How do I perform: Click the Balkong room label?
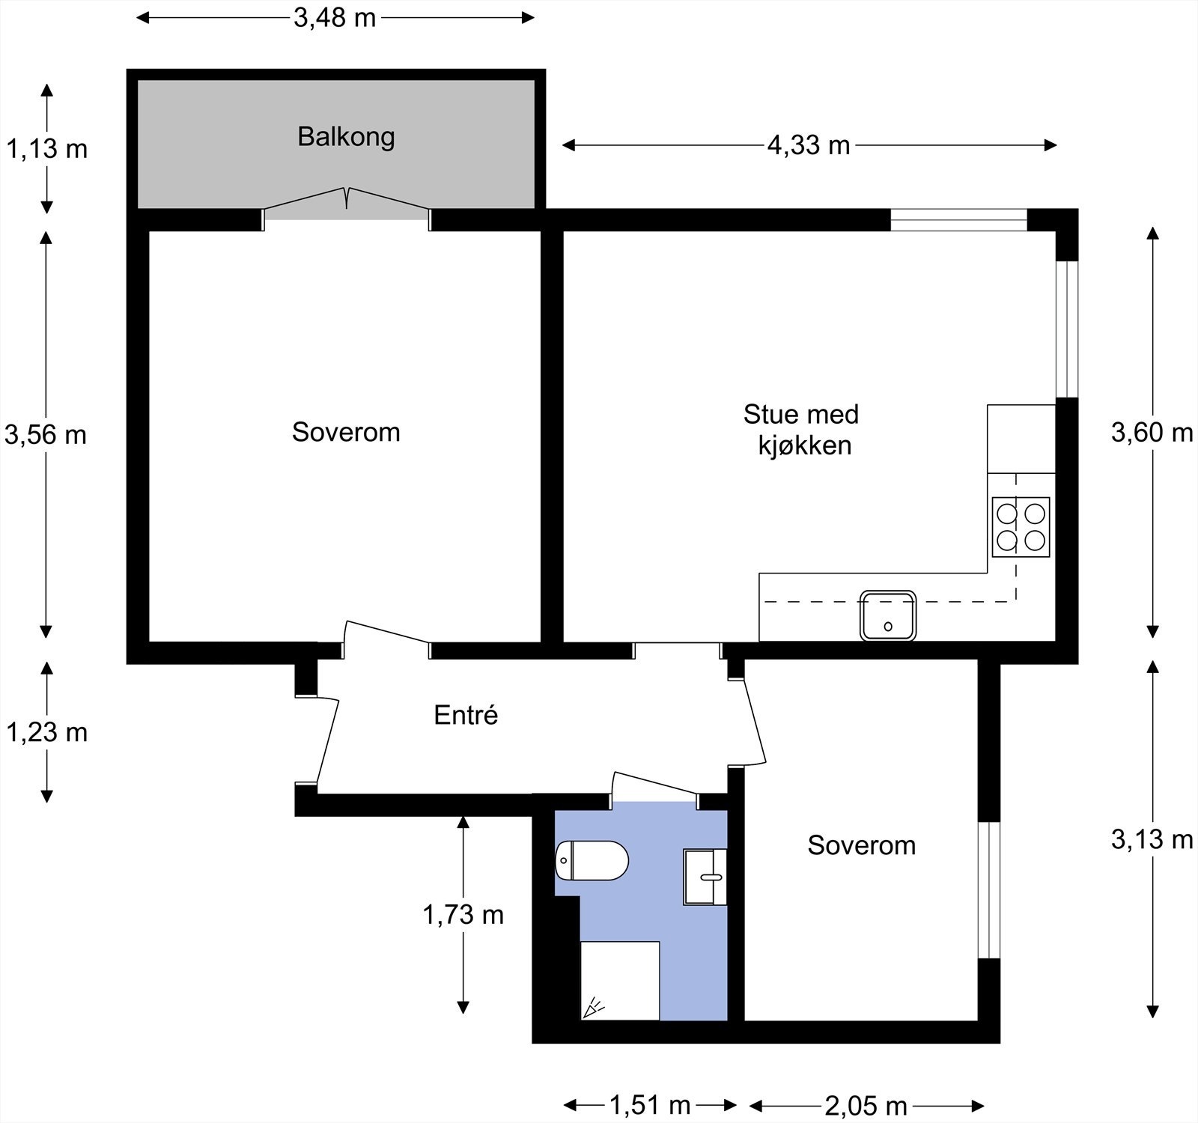click(346, 138)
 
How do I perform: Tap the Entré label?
click(466, 715)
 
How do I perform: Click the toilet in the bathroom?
click(592, 860)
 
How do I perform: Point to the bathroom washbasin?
click(705, 877)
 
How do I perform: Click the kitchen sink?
click(888, 615)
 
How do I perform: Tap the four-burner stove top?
click(1021, 527)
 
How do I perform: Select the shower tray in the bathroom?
click(620, 981)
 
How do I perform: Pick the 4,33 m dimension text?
click(809, 145)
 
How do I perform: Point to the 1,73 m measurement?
click(463, 914)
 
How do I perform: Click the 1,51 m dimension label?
click(649, 1104)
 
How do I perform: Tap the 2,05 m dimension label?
click(866, 1104)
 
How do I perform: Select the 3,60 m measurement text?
click(1152, 432)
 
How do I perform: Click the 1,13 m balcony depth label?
click(46, 149)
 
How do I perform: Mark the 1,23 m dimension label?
click(46, 732)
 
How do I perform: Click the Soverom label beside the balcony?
click(346, 432)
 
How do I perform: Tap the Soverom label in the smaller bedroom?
click(862, 845)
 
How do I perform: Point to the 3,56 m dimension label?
click(46, 434)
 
